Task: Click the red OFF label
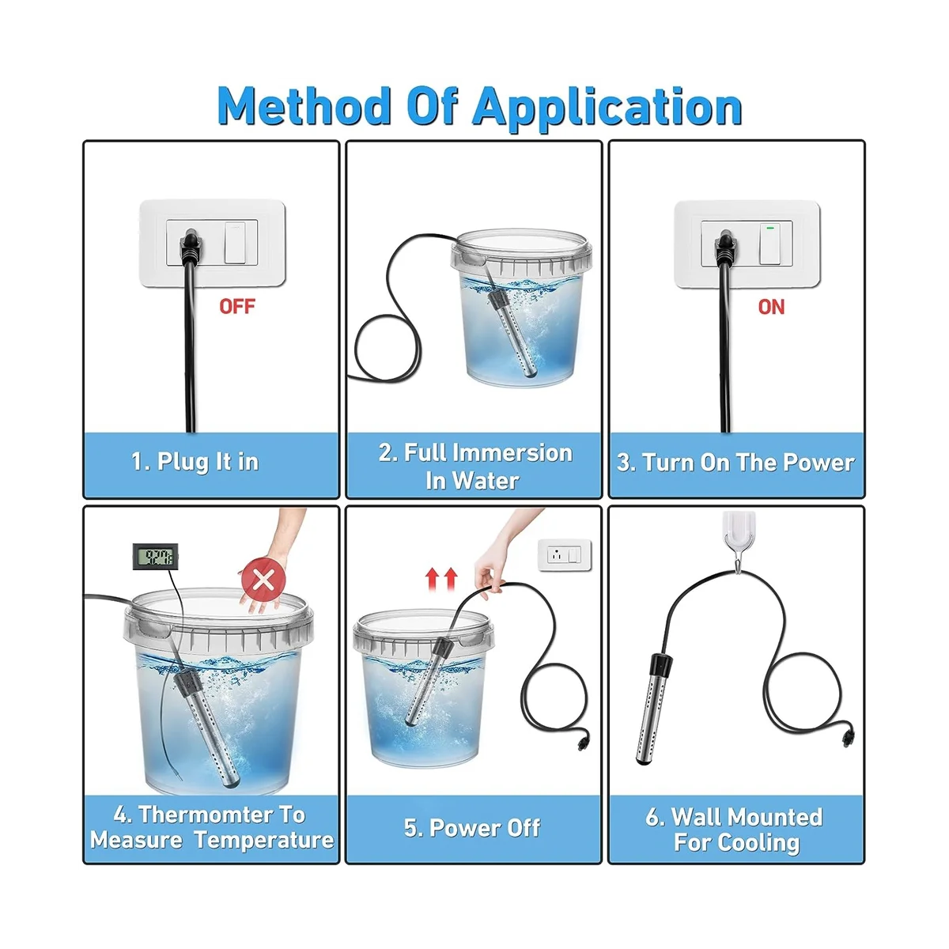click(237, 306)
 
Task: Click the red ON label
click(771, 307)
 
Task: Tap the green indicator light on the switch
click(769, 228)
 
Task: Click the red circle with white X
click(263, 579)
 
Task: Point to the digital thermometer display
click(155, 557)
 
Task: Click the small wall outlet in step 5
click(565, 555)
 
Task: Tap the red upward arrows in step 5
click(441, 578)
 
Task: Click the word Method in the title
click(304, 107)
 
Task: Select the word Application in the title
click(607, 109)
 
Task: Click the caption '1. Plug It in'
click(195, 462)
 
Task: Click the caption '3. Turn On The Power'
click(735, 463)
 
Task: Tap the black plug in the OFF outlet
click(191, 244)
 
